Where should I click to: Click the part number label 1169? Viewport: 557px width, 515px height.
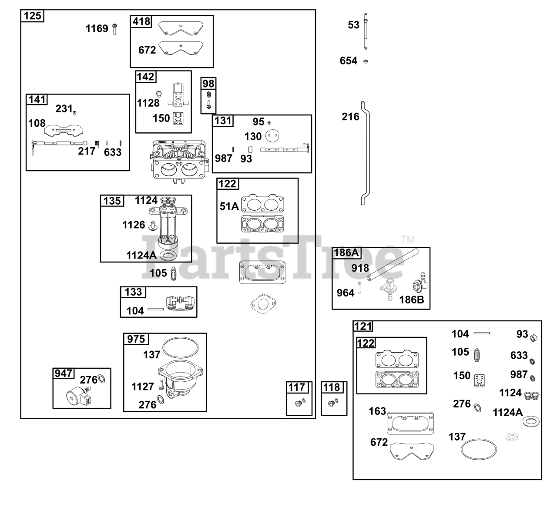pyautogui.click(x=97, y=28)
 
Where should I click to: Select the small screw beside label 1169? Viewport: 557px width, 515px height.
pyautogui.click(x=114, y=30)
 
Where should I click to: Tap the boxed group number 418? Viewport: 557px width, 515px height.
pyautogui.click(x=141, y=21)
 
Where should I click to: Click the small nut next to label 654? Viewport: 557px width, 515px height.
pyautogui.click(x=366, y=61)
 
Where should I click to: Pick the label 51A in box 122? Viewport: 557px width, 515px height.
pyautogui.click(x=229, y=206)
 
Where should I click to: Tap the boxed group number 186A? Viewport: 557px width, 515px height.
pyautogui.click(x=346, y=252)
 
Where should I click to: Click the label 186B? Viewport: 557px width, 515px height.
pyautogui.click(x=411, y=300)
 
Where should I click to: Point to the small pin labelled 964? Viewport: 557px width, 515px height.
pyautogui.click(x=359, y=288)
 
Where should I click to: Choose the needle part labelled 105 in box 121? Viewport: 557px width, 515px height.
pyautogui.click(x=477, y=355)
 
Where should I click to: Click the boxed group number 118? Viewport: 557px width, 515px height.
pyautogui.click(x=332, y=387)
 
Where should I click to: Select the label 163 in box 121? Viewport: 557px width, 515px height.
pyautogui.click(x=377, y=411)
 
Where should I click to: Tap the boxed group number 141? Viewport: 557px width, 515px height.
pyautogui.click(x=37, y=99)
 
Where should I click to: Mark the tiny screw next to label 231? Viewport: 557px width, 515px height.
pyautogui.click(x=74, y=113)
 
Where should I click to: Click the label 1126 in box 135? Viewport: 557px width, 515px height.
pyautogui.click(x=134, y=225)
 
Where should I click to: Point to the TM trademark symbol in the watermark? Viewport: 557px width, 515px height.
pyautogui.click(x=408, y=239)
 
